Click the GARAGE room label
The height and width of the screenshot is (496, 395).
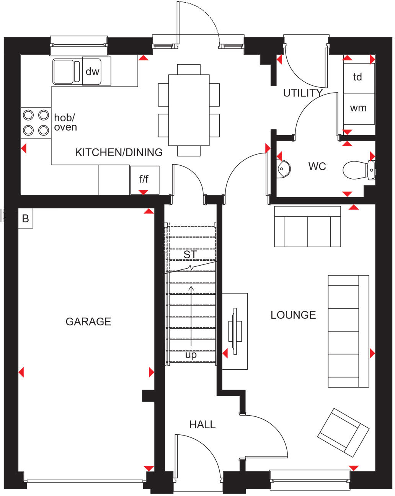pyautogui.click(x=88, y=321)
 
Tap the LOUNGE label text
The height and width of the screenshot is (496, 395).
pyautogui.click(x=293, y=315)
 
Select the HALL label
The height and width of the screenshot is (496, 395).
pyautogui.click(x=202, y=424)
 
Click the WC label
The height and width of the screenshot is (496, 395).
pyautogui.click(x=317, y=166)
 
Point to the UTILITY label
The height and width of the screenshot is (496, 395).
pyautogui.click(x=303, y=93)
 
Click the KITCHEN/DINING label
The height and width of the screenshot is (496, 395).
pyautogui.click(x=119, y=152)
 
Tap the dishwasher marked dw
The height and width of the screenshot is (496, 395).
pyautogui.click(x=92, y=71)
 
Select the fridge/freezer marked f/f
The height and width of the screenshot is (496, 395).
pyautogui.click(x=144, y=179)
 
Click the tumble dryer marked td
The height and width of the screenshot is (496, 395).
pyautogui.click(x=358, y=78)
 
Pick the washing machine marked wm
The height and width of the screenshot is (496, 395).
pyautogui.click(x=358, y=109)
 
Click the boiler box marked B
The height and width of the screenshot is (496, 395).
pyautogui.click(x=26, y=219)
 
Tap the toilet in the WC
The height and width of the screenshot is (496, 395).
pyautogui.click(x=358, y=170)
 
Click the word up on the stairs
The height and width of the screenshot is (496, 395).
pyautogui.click(x=191, y=355)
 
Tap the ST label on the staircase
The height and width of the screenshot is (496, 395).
pyautogui.click(x=190, y=255)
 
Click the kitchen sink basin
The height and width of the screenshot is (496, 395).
pyautogui.click(x=63, y=71)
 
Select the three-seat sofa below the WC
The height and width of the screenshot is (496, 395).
pyautogui.click(x=307, y=227)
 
